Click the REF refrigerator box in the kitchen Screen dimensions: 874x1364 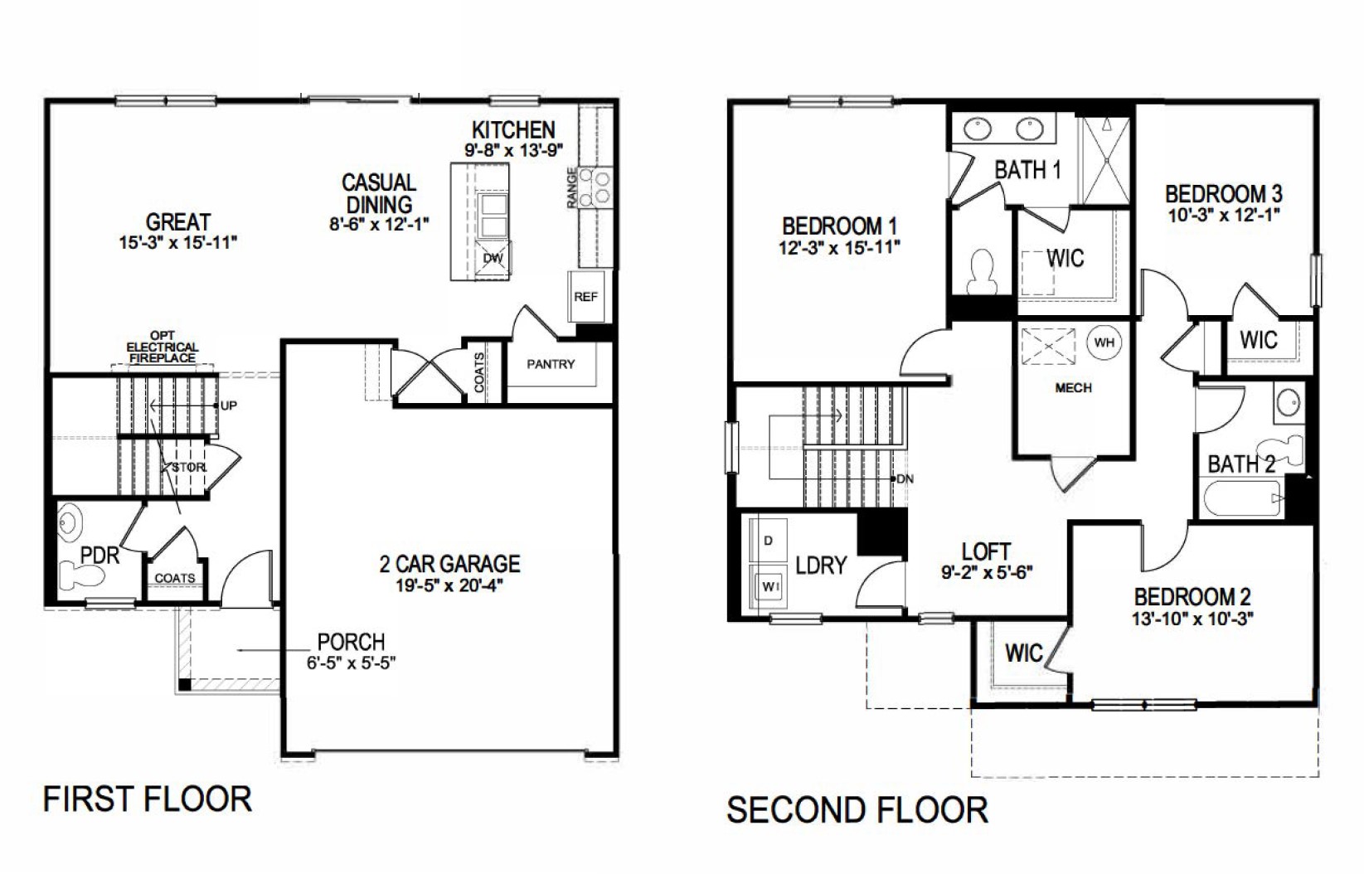point(585,296)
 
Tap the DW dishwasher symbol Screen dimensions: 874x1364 point(493,258)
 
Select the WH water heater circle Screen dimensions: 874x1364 point(1104,342)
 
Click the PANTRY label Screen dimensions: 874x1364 point(551,364)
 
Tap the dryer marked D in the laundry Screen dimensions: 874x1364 point(769,541)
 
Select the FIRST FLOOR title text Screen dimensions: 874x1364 point(147,799)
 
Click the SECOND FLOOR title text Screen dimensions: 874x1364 point(857,809)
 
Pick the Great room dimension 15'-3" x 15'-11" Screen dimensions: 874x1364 point(178,243)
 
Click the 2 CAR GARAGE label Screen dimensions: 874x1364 point(449,564)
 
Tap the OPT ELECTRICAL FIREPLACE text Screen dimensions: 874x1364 point(163,347)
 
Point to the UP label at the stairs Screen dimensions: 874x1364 point(229,405)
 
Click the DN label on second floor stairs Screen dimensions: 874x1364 point(905,479)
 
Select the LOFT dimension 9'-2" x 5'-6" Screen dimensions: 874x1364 point(987,571)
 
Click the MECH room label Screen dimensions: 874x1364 point(1073,387)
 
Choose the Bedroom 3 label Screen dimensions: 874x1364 point(1223,194)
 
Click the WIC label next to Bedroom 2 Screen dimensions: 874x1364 point(1023,653)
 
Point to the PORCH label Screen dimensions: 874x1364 point(351,642)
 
